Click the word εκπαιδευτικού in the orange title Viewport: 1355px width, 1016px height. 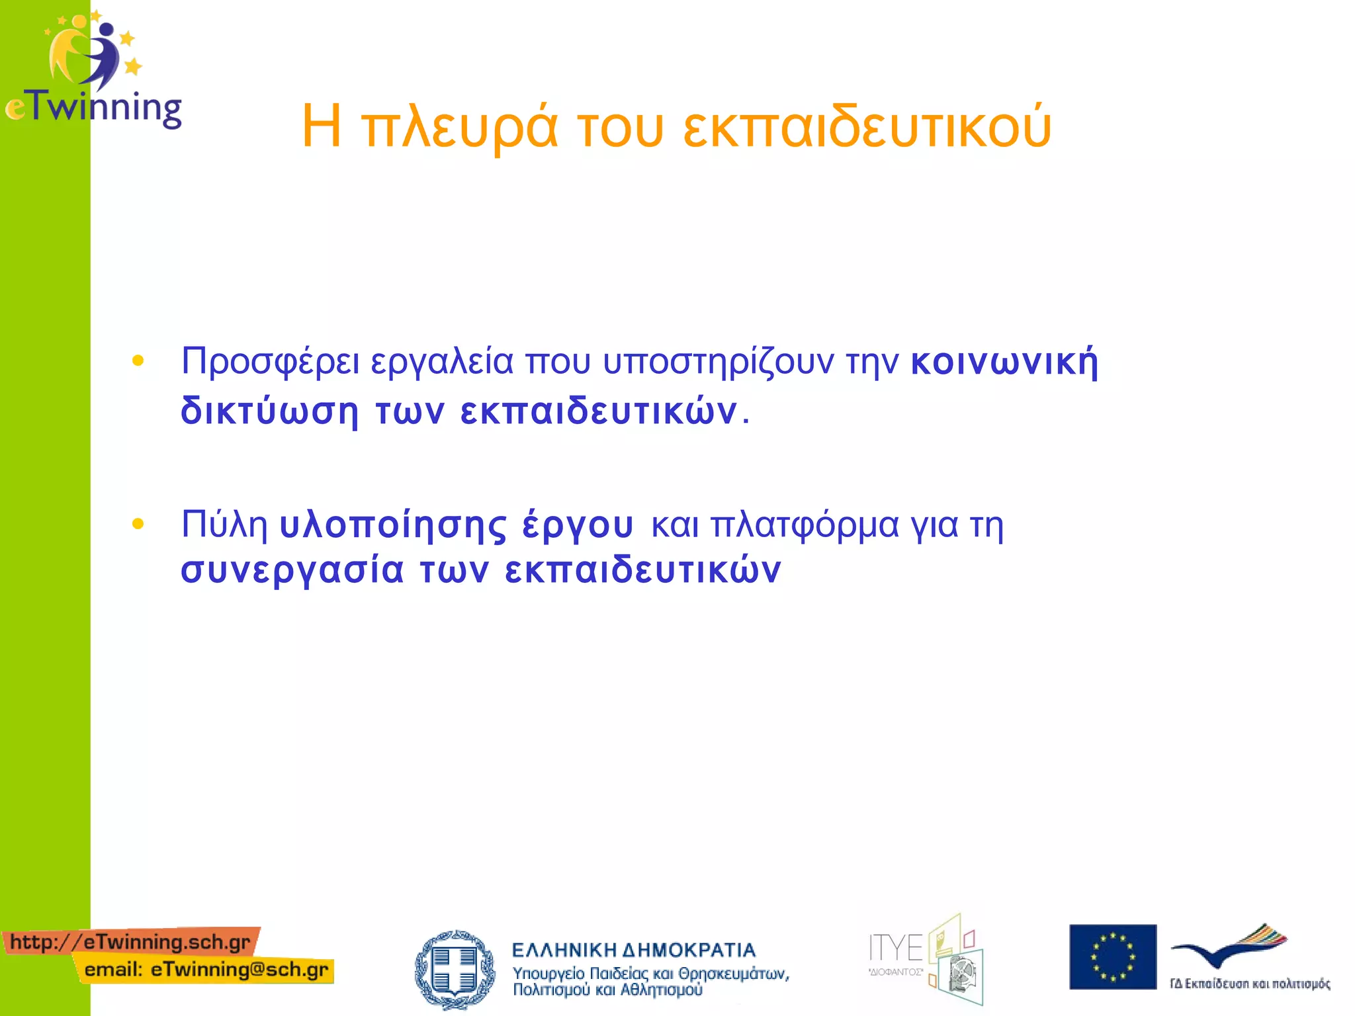pyautogui.click(x=867, y=127)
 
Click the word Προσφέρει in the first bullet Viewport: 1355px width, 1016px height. pyautogui.click(x=271, y=362)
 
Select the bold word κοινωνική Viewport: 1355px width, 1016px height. pyautogui.click(x=1004, y=362)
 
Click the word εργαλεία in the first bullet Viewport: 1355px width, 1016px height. pyautogui.click(x=442, y=362)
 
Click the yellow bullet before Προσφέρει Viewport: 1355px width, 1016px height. pyautogui.click(x=138, y=361)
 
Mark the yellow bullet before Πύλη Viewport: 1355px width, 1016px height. pyautogui.click(x=138, y=525)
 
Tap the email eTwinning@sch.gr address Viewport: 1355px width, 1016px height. pyautogui.click(x=206, y=970)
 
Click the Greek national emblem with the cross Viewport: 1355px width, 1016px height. pyautogui.click(x=455, y=970)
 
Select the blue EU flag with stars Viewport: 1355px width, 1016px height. pyautogui.click(x=1112, y=956)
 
